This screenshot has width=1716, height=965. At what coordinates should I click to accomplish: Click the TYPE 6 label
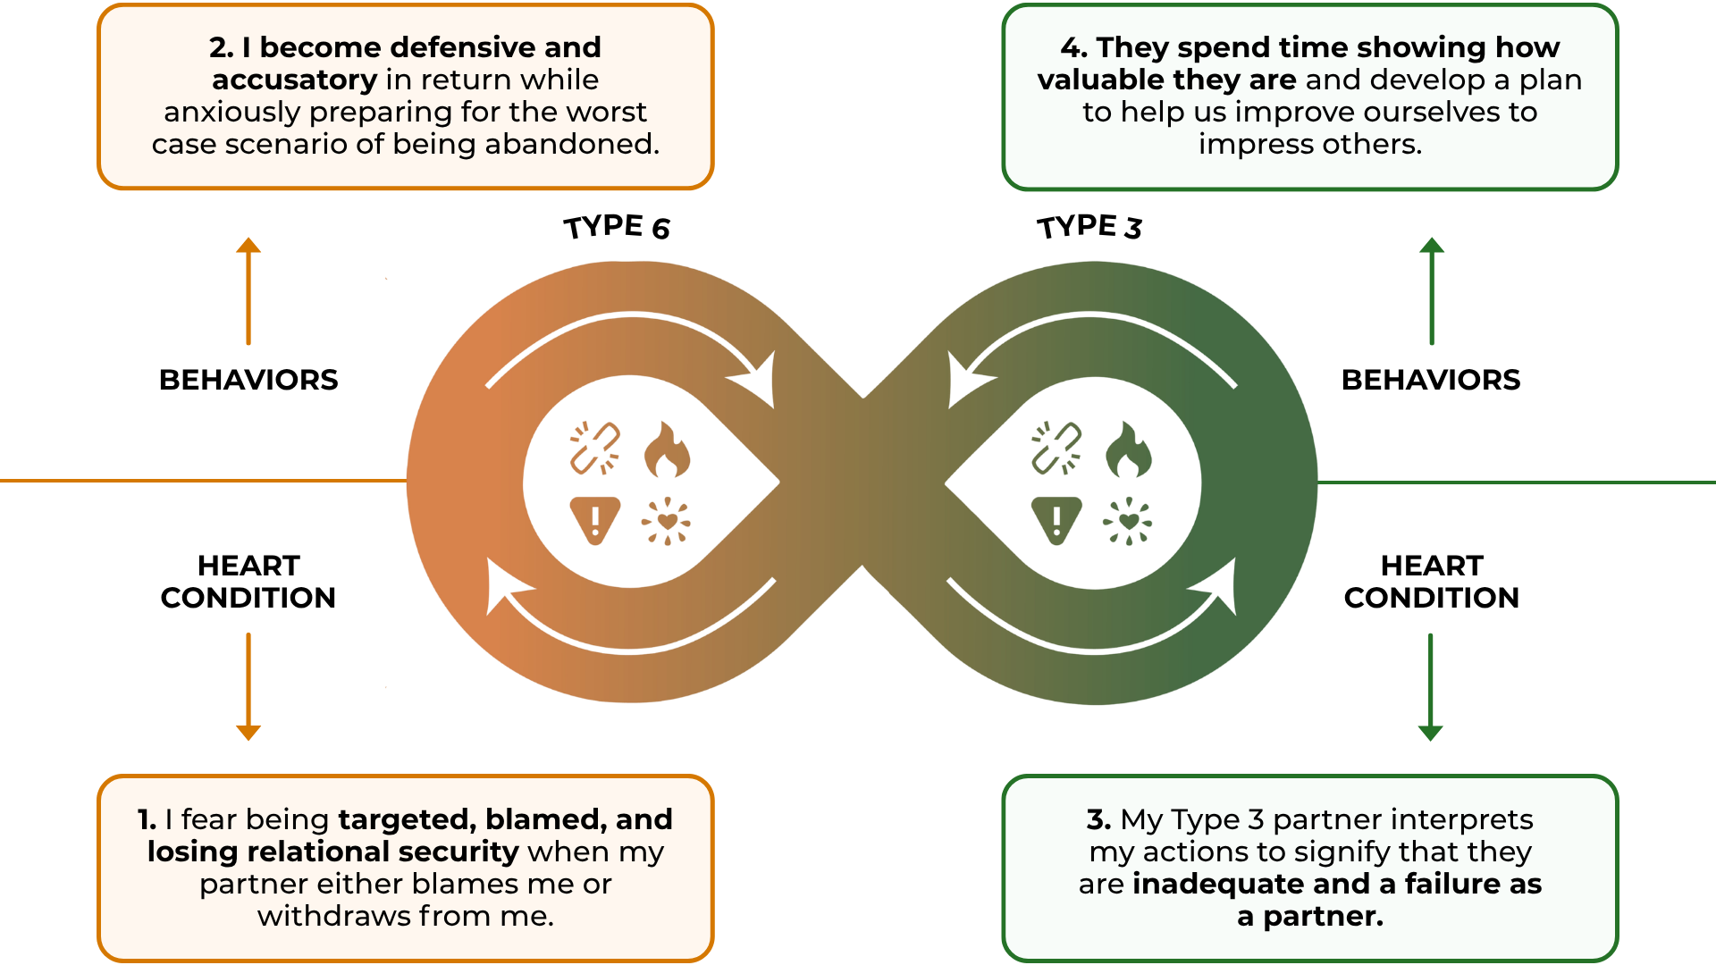click(617, 227)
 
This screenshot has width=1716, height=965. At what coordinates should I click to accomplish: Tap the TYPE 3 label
click(1089, 227)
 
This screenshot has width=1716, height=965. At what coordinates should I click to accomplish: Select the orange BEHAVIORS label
click(248, 380)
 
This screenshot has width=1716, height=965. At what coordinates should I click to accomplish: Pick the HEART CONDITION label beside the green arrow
click(1431, 582)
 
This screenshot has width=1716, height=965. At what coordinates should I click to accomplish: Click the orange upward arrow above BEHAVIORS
click(248, 290)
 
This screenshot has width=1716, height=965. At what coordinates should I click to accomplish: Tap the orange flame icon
click(667, 449)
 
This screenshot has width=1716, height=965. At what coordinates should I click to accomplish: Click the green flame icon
click(1128, 449)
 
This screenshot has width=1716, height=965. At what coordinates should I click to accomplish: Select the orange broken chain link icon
click(595, 448)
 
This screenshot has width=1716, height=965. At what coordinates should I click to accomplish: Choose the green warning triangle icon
click(1056, 519)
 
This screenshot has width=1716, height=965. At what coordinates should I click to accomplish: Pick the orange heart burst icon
click(667, 521)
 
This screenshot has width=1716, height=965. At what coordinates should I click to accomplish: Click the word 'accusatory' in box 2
click(294, 80)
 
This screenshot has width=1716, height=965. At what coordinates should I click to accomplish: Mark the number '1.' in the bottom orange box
click(147, 819)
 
